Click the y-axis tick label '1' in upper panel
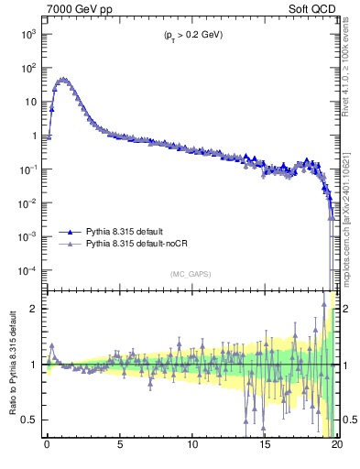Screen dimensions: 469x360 coord(35,136)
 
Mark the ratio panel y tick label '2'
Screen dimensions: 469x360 coord(36,309)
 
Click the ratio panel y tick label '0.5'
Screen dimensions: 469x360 coord(31,420)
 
